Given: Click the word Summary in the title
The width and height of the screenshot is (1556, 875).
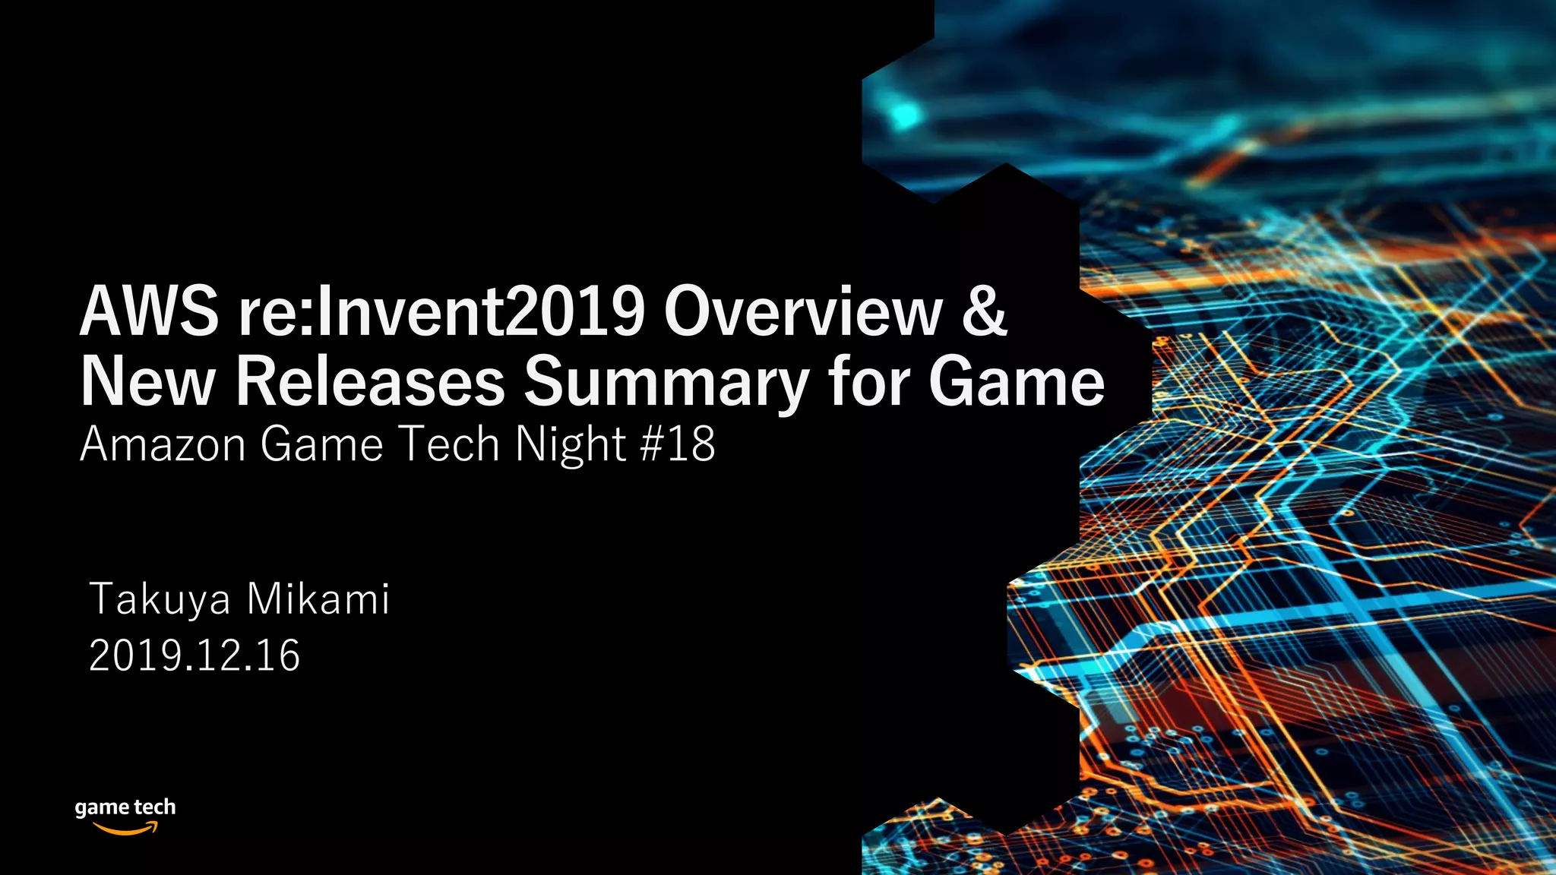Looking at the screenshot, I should pos(666,384).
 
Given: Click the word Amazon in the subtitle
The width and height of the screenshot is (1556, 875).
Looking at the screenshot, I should pos(163,444).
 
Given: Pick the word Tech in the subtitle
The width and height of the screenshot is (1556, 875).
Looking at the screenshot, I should pos(448,444).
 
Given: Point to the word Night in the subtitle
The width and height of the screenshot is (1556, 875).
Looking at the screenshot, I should pos(570,446).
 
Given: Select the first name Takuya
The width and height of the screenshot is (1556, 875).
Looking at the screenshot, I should pos(160,600).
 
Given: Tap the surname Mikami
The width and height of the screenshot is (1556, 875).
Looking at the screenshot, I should pos(318,599).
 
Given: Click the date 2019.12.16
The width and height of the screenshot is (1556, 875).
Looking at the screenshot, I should pos(194,655).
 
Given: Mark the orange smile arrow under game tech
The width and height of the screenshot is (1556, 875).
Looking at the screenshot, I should pos(126,829).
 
